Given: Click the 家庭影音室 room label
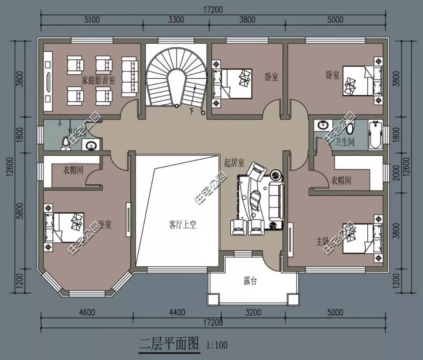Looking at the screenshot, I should coord(98,81).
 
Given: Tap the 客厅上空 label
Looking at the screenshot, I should coord(183,225).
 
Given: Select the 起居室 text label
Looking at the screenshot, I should coord(234,162).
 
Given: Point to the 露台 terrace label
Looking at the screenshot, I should coord(250,281).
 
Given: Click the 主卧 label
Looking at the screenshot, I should coord(324,241).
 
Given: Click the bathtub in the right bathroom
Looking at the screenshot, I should coord(375,135).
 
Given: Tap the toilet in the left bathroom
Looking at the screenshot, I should coord(65,143).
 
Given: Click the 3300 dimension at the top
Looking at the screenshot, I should coord(176,20).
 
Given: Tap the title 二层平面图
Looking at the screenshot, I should coord(169,344).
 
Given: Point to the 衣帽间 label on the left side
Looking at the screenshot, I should coord(73,171).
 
